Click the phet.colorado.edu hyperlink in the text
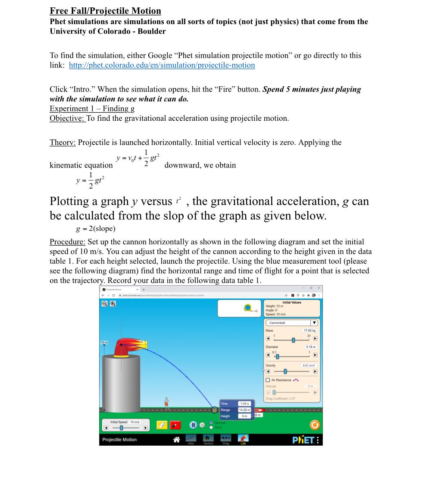click(162, 65)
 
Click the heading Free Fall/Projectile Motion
click(105, 11)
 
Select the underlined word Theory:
click(63, 142)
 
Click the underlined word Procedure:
click(67, 242)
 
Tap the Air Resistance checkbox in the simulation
click(268, 380)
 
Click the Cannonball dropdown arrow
click(314, 323)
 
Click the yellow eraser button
click(160, 425)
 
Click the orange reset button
click(315, 425)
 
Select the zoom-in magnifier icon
click(113, 303)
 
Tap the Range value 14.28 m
click(244, 409)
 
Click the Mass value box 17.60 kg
click(310, 331)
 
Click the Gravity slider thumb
click(285, 372)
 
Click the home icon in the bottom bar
click(176, 439)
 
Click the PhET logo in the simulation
click(303, 440)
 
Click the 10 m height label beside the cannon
click(104, 342)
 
